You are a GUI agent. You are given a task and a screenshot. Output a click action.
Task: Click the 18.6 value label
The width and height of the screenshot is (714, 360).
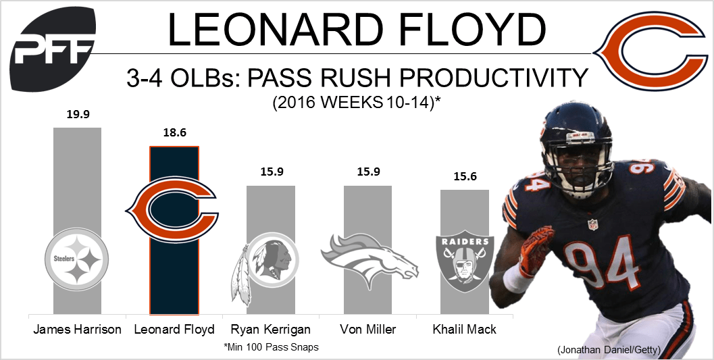pyautogui.click(x=174, y=133)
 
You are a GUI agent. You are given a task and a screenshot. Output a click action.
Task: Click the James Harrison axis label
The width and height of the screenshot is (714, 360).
pyautogui.click(x=77, y=330)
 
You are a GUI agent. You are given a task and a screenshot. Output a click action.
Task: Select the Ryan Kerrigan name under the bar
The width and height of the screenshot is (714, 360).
pyautogui.click(x=271, y=330)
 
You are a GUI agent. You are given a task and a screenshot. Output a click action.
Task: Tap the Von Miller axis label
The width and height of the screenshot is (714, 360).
pyautogui.click(x=368, y=330)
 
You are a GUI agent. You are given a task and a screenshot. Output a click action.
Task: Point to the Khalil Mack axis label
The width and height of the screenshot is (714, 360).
pyautogui.click(x=465, y=330)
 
